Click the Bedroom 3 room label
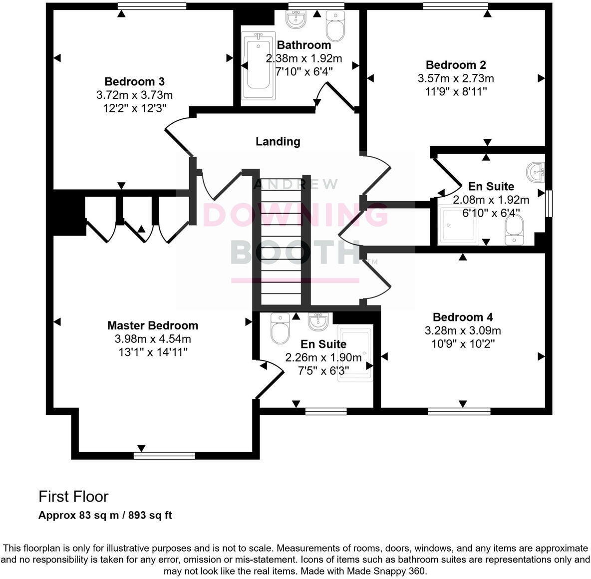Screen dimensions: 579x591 (134, 81)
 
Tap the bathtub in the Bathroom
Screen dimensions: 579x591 (258, 66)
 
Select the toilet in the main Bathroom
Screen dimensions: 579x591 (335, 25)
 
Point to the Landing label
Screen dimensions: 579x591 (278, 141)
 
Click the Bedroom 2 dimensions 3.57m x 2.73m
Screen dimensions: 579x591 (455, 78)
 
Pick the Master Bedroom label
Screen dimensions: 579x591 (152, 325)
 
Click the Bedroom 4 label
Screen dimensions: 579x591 (462, 317)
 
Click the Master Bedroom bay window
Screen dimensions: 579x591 (164, 455)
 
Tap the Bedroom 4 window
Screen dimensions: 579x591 (459, 412)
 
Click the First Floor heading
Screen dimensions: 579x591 (73, 497)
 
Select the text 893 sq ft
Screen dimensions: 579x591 (150, 515)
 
